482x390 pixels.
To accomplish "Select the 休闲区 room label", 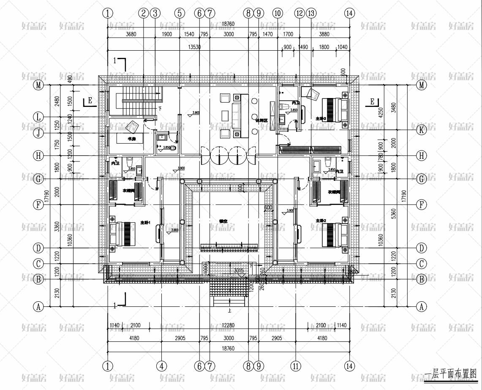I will [x=261, y=120].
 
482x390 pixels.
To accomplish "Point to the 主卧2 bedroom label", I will [x=320, y=221].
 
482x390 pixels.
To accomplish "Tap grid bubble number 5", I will [x=180, y=13].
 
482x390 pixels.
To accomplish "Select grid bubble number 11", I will [x=296, y=366].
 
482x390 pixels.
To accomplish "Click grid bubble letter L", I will [x=38, y=117].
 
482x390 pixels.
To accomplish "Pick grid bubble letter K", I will [x=421, y=130].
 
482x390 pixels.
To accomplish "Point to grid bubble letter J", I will [x=38, y=133].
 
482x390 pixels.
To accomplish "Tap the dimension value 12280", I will [x=228, y=325].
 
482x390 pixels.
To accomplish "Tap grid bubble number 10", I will [x=278, y=13].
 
